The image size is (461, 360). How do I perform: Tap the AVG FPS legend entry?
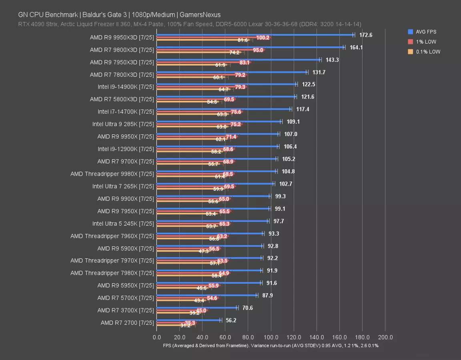[x=425, y=32]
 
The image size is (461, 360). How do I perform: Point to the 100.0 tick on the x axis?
[x=271, y=337]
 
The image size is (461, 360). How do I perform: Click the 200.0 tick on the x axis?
[x=385, y=337]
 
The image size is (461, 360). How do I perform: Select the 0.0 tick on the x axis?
[x=157, y=337]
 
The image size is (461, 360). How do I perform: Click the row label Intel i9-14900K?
[x=126, y=87]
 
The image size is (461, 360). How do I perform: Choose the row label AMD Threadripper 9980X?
[x=112, y=174]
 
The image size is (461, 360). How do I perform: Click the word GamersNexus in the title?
[x=200, y=15]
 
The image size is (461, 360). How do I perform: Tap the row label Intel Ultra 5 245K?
[x=123, y=223]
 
